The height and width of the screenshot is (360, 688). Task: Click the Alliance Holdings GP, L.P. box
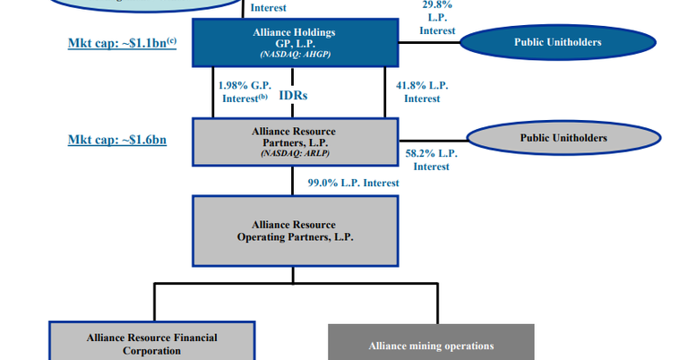(x=294, y=42)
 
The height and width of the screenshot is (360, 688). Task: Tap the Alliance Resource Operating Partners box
(x=295, y=231)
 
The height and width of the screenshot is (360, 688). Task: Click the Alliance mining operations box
(x=431, y=345)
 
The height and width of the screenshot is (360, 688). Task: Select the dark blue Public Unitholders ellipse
(x=557, y=42)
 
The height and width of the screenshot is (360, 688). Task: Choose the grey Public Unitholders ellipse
(x=563, y=138)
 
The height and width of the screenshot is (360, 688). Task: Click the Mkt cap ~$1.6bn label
(x=117, y=140)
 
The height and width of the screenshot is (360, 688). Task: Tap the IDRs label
(x=295, y=94)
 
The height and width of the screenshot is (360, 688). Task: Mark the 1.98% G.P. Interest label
(x=243, y=92)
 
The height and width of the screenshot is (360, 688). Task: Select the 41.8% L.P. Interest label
(x=422, y=92)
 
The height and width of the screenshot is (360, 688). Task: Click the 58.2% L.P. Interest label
(x=431, y=159)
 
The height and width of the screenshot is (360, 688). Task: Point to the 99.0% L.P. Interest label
(x=353, y=183)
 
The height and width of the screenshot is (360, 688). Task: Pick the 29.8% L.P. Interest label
(x=437, y=17)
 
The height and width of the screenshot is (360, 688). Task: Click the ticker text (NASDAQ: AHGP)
(x=294, y=55)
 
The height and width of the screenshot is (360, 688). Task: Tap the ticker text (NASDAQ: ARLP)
(x=294, y=153)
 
